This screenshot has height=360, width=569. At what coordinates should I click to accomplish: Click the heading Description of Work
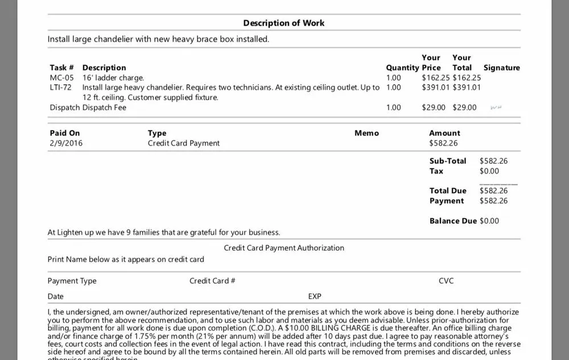[x=284, y=23]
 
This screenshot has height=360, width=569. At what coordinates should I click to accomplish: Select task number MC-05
[x=61, y=77]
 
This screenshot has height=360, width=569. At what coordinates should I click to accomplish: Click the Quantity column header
[x=402, y=68]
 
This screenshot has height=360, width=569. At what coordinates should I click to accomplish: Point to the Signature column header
[x=501, y=68]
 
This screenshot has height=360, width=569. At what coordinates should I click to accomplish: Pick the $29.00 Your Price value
[x=434, y=107]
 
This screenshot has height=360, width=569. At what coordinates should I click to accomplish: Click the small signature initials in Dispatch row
[x=495, y=107]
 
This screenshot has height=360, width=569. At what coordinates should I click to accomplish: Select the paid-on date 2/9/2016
[x=66, y=143]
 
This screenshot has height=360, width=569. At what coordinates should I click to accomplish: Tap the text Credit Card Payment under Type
[x=183, y=143]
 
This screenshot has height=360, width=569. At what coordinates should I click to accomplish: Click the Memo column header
[x=366, y=133]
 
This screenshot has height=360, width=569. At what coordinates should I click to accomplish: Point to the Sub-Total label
[x=448, y=161]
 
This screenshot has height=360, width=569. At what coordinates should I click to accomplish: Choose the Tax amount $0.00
[x=489, y=171]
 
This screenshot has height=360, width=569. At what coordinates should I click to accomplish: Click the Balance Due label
[x=453, y=221]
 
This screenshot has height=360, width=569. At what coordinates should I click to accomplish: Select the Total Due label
[x=448, y=191]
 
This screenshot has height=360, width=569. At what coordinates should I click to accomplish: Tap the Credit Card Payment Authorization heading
[x=284, y=248]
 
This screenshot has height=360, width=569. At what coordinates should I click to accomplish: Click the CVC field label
[x=446, y=281]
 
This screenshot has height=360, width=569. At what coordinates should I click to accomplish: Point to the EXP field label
[x=315, y=296]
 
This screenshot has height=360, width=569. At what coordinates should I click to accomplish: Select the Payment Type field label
[x=72, y=281]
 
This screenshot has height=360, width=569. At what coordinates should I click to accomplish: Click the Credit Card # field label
[x=212, y=281]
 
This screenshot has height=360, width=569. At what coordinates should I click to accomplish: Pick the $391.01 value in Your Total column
[x=467, y=88]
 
